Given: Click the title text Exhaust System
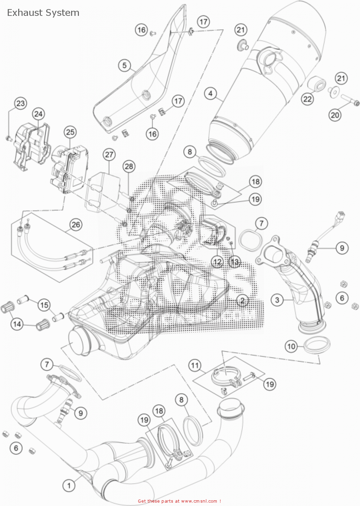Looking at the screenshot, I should (x=43, y=13).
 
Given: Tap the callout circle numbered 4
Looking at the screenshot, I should (x=211, y=93).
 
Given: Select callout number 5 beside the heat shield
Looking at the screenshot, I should (x=124, y=65).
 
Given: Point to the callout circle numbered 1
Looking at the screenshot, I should (x=69, y=485).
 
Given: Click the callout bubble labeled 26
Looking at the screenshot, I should (x=76, y=225).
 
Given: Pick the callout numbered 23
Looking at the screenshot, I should (x=21, y=103).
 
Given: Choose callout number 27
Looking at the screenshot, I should (x=109, y=154).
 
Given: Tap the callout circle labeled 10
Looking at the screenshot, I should (x=291, y=346).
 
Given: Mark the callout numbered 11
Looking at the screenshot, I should (x=195, y=365).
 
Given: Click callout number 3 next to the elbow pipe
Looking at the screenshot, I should (x=277, y=300).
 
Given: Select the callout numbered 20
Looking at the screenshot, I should (x=335, y=115).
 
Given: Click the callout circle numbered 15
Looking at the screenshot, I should (x=44, y=305).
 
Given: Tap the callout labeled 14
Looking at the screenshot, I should (x=17, y=324).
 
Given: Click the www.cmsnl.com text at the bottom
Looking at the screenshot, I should (x=199, y=501).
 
